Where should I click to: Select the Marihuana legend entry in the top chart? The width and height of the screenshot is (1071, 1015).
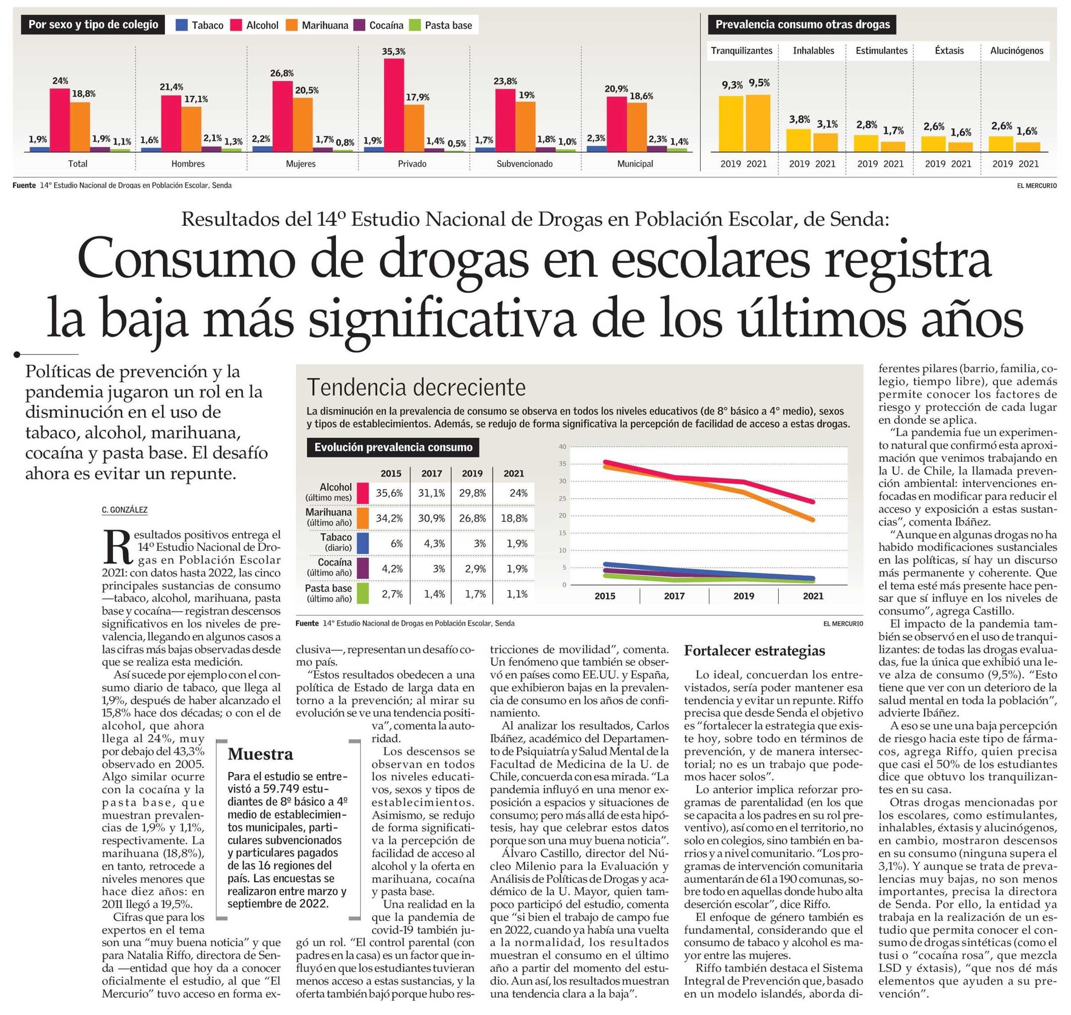point(317,25)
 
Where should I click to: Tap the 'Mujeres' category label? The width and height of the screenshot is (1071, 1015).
point(301,163)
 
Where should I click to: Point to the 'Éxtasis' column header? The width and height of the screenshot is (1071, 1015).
point(949,50)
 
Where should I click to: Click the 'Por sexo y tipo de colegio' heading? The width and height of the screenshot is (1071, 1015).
point(93,25)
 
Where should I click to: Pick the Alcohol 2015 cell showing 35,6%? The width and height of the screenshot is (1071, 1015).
point(390,493)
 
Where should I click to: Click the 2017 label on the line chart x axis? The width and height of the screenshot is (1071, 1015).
point(674,596)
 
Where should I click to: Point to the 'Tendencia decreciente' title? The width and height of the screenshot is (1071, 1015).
point(416,387)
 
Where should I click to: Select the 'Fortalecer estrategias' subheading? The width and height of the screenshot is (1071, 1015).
point(755,650)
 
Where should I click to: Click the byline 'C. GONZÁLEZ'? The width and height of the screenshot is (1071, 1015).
point(124,510)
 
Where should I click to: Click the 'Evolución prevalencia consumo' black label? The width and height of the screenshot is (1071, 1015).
point(393,447)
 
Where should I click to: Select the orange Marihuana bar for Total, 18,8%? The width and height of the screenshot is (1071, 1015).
point(80,126)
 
